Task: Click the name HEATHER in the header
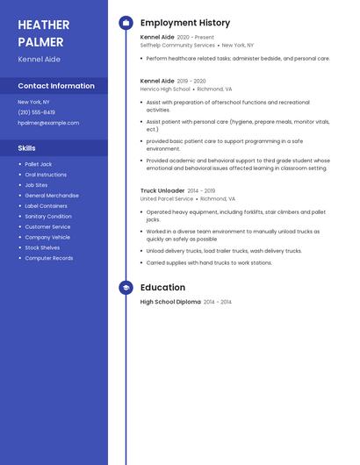[x=44, y=25]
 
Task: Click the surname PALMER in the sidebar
[x=40, y=42]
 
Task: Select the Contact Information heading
[x=56, y=86]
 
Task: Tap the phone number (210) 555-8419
[x=36, y=112]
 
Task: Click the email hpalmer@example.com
[x=48, y=123]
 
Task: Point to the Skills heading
[x=26, y=148]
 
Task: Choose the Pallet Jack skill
[x=39, y=164]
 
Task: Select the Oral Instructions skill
[x=46, y=175]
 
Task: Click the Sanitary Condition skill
[x=48, y=217]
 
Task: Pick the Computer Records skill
[x=49, y=259]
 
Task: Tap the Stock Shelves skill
[x=43, y=248]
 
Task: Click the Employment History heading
[x=185, y=23]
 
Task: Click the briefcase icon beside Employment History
[x=126, y=23]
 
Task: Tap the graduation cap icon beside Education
[x=126, y=288]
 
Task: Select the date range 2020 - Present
[x=195, y=38]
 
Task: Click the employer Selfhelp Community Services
[x=177, y=45]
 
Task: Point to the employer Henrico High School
[x=165, y=89]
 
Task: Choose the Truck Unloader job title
[x=162, y=190]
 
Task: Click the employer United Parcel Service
[x=167, y=199]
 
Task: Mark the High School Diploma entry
[x=170, y=302]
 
